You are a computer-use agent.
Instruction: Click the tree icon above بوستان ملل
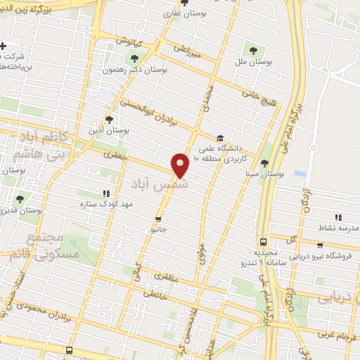coord(253,50)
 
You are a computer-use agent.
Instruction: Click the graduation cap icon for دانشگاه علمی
coord(220,139)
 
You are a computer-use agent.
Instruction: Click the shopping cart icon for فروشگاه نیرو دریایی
coord(320,245)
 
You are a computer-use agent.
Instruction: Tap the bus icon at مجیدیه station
coord(263,240)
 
